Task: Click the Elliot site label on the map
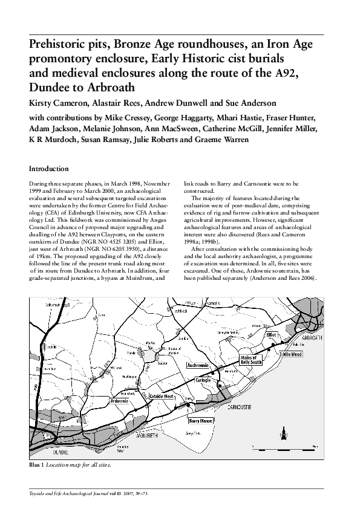click(270, 334)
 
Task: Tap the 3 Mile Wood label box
click(290, 354)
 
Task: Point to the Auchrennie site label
click(198, 366)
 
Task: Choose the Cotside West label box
click(161, 397)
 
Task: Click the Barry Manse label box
click(200, 420)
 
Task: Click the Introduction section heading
click(49, 169)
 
